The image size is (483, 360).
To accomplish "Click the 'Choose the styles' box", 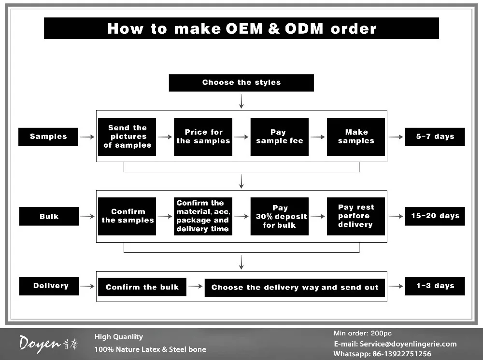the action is (241, 83).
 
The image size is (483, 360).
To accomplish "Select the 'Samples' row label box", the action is (48, 137).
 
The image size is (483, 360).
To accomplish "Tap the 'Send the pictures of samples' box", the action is (127, 137).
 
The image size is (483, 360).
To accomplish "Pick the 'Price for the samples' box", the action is (203, 137).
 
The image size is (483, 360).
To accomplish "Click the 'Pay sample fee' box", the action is (279, 137).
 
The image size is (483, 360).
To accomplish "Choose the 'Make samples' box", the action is (356, 137).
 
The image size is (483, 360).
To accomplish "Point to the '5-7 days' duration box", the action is (435, 137).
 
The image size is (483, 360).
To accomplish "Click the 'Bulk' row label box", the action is (49, 216).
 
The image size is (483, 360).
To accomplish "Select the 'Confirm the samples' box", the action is (127, 216).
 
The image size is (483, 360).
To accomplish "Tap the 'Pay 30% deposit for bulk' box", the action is (279, 216).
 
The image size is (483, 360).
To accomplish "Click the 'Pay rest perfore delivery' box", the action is (356, 216).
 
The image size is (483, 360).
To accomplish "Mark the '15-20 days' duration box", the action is (435, 216).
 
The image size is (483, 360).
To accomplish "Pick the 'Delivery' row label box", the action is (49, 286).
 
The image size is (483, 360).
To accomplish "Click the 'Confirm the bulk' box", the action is (142, 287).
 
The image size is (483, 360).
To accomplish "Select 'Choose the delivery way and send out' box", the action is (295, 288).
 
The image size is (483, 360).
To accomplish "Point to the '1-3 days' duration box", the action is (435, 286).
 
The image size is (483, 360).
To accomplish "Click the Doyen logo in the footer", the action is (48, 344).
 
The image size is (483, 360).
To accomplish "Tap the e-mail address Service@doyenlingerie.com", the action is (408, 344).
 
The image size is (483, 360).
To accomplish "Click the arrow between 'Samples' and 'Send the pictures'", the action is (87, 137).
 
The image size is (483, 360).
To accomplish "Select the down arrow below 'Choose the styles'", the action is (241, 101).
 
